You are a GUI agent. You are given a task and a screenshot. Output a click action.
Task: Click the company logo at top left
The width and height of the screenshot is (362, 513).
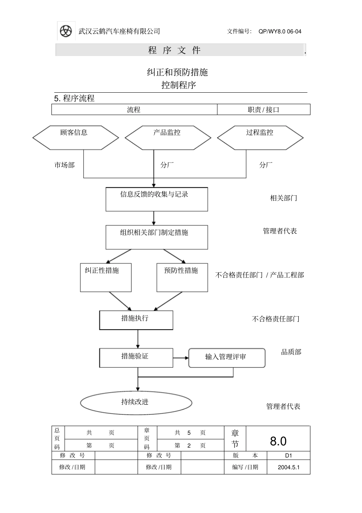pyautogui.click(x=66, y=31)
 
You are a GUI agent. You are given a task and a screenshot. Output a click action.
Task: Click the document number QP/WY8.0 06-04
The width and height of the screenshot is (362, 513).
pyautogui.click(x=280, y=32)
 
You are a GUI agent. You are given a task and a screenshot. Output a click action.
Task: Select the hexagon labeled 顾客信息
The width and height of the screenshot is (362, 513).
pyautogui.click(x=75, y=137)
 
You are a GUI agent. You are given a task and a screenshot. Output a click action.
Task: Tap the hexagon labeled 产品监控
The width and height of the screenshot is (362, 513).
pyautogui.click(x=168, y=137)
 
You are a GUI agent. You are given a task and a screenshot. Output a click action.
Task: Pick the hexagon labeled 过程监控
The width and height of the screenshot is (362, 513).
pyautogui.click(x=260, y=137)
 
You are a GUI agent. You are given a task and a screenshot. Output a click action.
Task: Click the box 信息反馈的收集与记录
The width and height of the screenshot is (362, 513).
pyautogui.click(x=157, y=199)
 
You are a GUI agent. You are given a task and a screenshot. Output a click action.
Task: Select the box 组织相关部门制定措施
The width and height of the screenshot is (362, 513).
pyautogui.click(x=157, y=237)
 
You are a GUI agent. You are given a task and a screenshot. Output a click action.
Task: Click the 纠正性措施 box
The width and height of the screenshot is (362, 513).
pyautogui.click(x=106, y=277)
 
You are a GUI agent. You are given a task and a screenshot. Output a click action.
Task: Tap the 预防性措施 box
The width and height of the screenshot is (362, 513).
pyautogui.click(x=182, y=277)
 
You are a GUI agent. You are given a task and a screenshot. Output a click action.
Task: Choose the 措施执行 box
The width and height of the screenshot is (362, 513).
pyautogui.click(x=136, y=320)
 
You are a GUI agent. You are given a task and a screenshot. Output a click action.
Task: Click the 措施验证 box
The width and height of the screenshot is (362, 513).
pyautogui.click(x=136, y=358)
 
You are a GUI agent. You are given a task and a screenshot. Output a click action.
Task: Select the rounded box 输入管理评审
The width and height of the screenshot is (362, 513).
pyautogui.click(x=227, y=358)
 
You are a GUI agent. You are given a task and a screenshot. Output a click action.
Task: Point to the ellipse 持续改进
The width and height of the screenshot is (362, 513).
pyautogui.click(x=136, y=402)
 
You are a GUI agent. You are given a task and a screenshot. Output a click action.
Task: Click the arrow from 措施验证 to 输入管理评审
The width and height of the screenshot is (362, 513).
pyautogui.click(x=181, y=358)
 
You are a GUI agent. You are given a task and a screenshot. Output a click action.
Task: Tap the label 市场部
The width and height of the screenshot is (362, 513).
pyautogui.click(x=64, y=165)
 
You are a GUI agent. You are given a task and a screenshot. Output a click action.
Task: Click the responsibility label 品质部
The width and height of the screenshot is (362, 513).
pyautogui.click(x=291, y=352)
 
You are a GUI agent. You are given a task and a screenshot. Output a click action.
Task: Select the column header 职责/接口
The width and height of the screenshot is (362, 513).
pyautogui.click(x=264, y=110)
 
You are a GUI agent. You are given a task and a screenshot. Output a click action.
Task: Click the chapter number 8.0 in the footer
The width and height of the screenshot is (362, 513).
pyautogui.click(x=278, y=441)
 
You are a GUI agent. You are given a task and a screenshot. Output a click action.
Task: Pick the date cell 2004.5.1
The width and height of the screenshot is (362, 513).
pyautogui.click(x=288, y=467)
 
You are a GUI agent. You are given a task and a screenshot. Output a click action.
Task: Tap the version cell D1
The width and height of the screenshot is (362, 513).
pyautogui.click(x=288, y=455)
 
